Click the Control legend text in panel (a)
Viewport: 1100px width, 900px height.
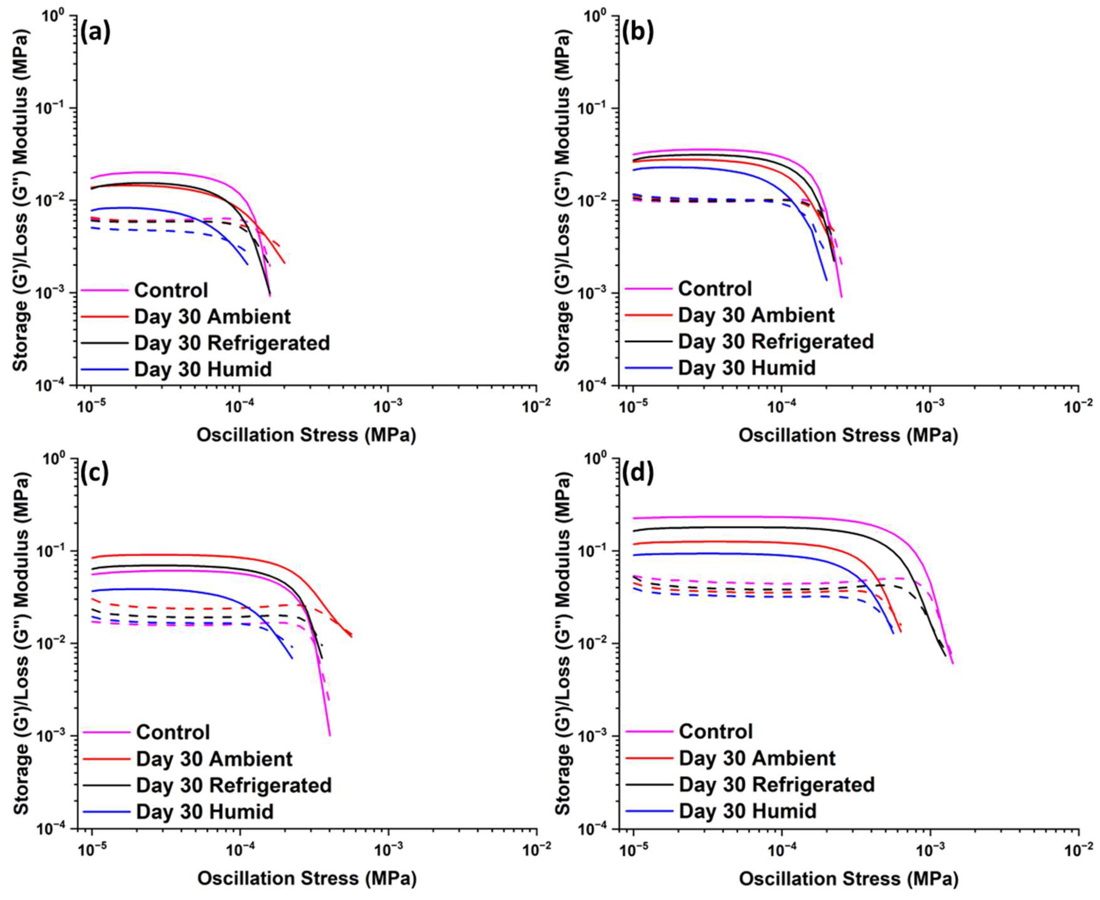[171, 290]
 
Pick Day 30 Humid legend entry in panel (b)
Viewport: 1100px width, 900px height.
[747, 368]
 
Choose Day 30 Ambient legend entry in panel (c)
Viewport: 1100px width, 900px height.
[214, 759]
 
